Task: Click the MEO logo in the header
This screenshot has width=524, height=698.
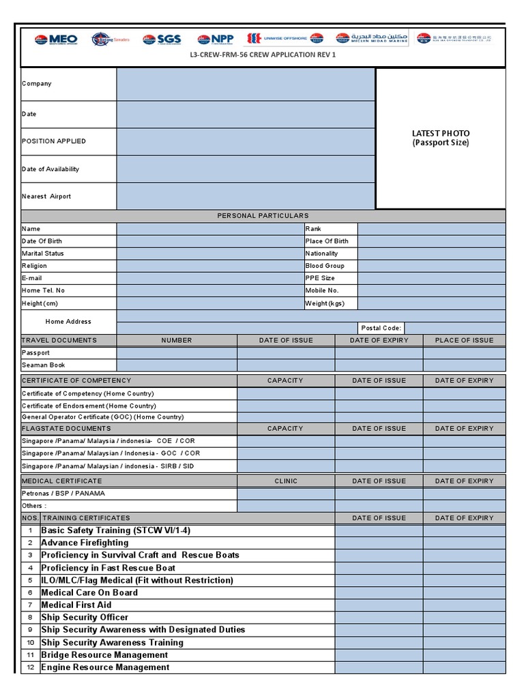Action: (56, 40)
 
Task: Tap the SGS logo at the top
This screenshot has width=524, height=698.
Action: (162, 40)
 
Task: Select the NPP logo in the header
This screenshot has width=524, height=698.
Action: (215, 40)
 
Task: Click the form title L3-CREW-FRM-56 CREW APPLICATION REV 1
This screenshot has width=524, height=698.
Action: (263, 55)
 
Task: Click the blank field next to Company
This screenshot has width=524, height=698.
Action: (246, 84)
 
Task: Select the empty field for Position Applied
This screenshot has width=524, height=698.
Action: (246, 141)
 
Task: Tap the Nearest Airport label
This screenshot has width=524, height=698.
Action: (46, 196)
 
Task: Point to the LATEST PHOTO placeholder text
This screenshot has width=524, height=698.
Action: (441, 138)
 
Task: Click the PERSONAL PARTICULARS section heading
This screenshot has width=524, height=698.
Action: (263, 216)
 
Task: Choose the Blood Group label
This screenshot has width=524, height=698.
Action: (325, 266)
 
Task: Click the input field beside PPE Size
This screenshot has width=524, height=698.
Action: (431, 278)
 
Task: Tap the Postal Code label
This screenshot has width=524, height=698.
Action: (381, 328)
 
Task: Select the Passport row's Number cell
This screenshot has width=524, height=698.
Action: (177, 353)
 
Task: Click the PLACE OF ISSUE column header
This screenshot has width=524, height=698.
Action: (464, 340)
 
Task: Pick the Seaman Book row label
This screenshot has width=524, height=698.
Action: (43, 365)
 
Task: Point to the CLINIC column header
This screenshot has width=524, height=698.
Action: (286, 481)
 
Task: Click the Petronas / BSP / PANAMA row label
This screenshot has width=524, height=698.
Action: (63, 494)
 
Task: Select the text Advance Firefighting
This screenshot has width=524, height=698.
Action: (85, 543)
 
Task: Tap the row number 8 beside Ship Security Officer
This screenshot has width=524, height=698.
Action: (30, 618)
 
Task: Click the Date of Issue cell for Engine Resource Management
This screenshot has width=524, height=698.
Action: (379, 667)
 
